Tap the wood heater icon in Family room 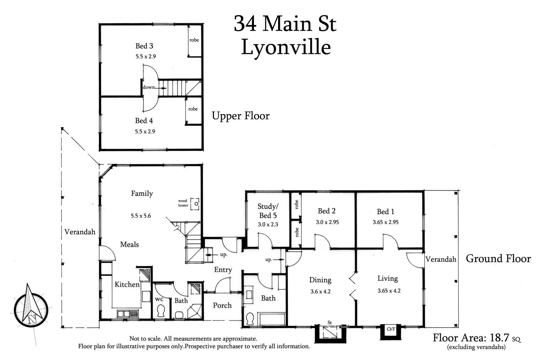[x=195, y=204]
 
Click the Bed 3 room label [x=144, y=46]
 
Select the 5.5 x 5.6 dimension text [x=141, y=216]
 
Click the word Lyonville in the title [x=286, y=47]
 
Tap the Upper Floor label [x=241, y=116]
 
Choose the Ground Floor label [x=498, y=259]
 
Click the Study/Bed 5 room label [x=268, y=211]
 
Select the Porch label [x=222, y=305]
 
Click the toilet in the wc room [x=161, y=311]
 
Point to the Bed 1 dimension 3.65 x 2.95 [x=385, y=222]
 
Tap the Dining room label [x=320, y=280]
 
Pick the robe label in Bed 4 [x=193, y=109]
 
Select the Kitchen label [x=127, y=284]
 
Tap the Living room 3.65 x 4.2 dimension [x=389, y=291]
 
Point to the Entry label [x=223, y=270]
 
